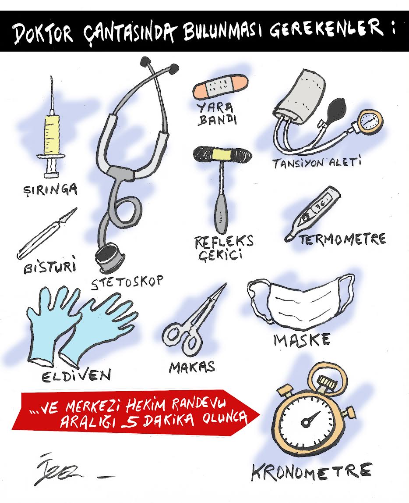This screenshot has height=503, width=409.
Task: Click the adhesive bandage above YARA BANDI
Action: tap(220, 86)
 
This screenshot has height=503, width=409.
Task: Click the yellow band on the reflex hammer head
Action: tap(223, 153)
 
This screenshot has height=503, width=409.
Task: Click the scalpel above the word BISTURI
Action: tap(47, 234)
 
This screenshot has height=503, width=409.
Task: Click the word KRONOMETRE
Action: tap(311, 471)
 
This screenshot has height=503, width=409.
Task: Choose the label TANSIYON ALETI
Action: tap(317, 163)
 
